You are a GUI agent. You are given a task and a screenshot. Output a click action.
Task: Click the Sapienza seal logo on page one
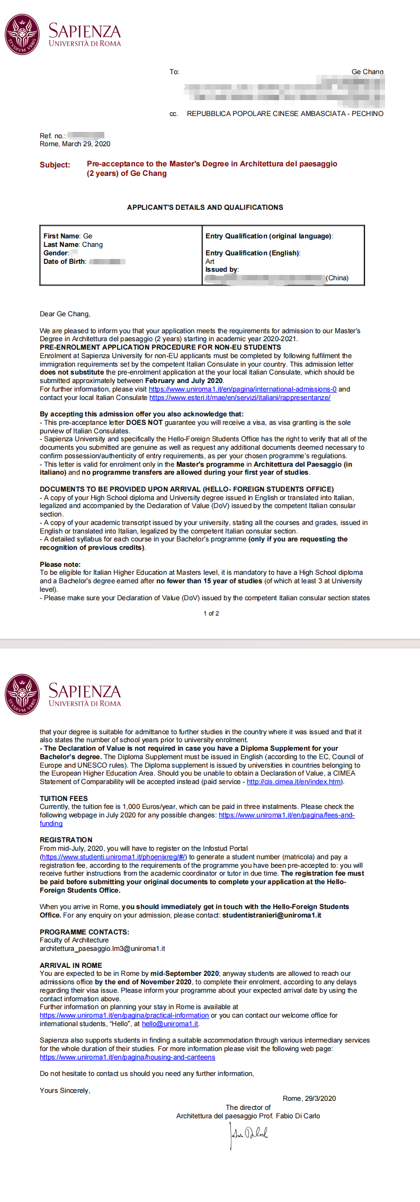(22, 34)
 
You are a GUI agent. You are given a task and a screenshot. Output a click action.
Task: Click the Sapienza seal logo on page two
(22, 695)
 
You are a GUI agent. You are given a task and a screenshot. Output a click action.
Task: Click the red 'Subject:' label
(55, 165)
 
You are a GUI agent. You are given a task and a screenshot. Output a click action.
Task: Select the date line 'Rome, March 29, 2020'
(75, 144)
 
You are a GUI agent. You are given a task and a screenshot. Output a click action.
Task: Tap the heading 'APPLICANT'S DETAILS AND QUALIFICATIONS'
(205, 207)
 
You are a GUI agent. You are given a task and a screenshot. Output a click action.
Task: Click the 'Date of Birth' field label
(65, 261)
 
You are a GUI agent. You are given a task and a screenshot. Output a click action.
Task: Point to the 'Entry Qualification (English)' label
(253, 253)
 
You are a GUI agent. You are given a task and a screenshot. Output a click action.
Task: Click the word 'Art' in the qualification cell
(210, 261)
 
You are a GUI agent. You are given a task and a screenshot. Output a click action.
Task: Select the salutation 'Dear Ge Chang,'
(65, 314)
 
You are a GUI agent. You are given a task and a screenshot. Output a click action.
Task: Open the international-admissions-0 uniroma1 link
(243, 389)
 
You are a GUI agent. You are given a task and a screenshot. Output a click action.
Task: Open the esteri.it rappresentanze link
(239, 397)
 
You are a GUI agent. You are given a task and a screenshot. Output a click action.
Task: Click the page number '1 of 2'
(211, 613)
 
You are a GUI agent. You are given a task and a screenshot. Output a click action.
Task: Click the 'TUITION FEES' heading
(64, 798)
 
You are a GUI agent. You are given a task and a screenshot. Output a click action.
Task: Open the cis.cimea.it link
(294, 781)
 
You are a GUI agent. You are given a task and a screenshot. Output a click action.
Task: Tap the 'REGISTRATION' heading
(66, 840)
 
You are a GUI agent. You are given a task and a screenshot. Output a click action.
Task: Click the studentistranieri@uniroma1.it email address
(272, 915)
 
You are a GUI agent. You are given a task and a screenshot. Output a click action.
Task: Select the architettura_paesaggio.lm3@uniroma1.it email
(102, 948)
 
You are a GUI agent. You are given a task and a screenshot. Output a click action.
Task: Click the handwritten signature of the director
(248, 1134)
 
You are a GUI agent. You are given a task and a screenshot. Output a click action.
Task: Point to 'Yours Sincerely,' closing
(65, 1090)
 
